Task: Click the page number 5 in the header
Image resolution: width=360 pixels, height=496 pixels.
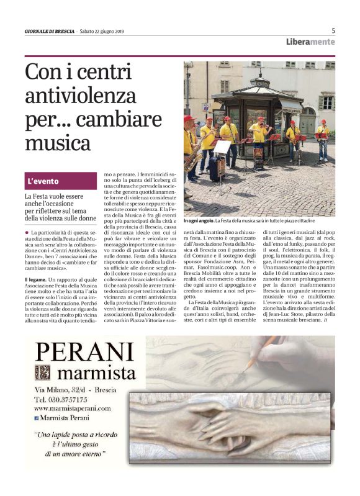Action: [x=333, y=30]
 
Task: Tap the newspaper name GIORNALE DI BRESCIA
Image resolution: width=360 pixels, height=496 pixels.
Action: [x=49, y=32]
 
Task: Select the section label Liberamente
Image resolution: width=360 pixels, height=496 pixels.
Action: [x=310, y=42]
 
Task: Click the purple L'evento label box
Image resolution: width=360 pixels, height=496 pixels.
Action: [x=61, y=181]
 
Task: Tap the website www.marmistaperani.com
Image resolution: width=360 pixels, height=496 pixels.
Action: [x=72, y=408]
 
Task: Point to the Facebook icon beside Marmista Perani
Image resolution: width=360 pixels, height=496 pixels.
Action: [x=37, y=419]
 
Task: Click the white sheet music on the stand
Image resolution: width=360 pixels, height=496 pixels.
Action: [x=222, y=147]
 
